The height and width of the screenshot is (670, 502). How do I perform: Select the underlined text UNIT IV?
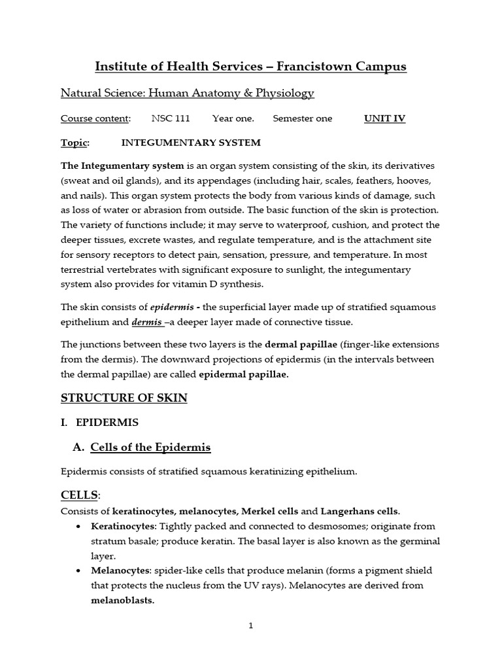(x=384, y=118)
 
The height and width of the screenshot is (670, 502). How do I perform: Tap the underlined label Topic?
(x=74, y=143)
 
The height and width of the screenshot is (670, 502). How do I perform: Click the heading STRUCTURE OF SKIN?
(x=124, y=398)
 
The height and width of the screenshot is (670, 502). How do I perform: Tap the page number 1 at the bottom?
(x=250, y=626)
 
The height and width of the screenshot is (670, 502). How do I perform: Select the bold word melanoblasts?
(x=122, y=600)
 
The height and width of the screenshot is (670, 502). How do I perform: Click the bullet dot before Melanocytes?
(x=79, y=571)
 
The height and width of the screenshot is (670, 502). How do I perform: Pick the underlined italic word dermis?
(x=146, y=322)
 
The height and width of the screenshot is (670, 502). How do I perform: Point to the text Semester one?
(x=302, y=118)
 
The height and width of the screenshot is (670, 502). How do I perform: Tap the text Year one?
(x=233, y=118)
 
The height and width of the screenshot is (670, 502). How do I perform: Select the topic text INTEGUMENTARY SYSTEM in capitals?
(x=191, y=143)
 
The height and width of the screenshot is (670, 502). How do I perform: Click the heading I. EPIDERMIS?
(x=101, y=423)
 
